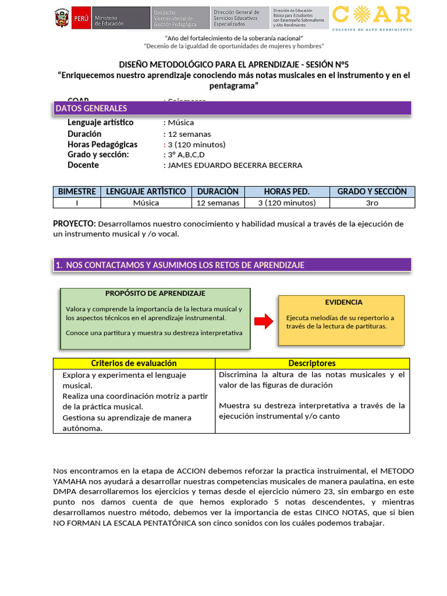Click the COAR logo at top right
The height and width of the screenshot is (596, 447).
(x=371, y=18)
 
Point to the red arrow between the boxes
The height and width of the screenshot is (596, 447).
(x=264, y=321)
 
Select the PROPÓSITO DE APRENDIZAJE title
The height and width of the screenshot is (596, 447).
(x=155, y=293)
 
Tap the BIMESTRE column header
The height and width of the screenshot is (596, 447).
(x=76, y=191)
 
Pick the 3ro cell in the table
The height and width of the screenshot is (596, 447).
(x=372, y=203)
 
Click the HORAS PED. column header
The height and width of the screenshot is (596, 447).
(x=286, y=191)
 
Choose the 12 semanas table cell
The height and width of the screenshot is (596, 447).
(x=218, y=203)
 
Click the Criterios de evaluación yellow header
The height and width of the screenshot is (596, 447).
(x=134, y=363)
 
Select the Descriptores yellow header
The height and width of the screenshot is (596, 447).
(x=312, y=363)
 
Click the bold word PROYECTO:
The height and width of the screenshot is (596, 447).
(x=74, y=223)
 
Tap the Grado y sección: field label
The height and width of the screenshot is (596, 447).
(x=98, y=155)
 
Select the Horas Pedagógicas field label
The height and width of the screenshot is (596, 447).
(x=102, y=144)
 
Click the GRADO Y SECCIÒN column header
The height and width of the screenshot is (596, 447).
(x=372, y=191)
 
